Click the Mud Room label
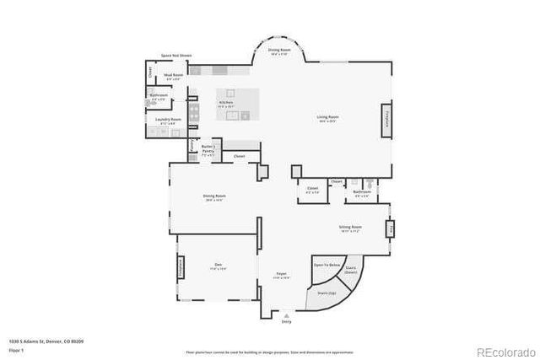tap(174, 77)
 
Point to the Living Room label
tap(327, 118)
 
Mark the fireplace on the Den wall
tap(180, 268)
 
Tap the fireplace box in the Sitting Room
tap(390, 228)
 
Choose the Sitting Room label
tap(350, 228)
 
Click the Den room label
tap(217, 267)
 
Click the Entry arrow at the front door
tap(286, 319)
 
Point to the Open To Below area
tap(327, 265)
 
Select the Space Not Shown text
tap(176, 56)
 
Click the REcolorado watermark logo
tap(504, 351)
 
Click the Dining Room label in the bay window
tap(278, 51)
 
